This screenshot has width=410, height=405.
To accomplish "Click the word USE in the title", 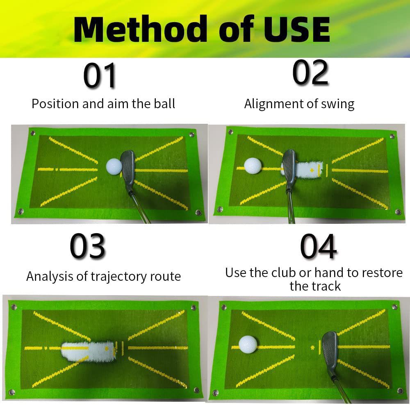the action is pyautogui.click(x=297, y=29).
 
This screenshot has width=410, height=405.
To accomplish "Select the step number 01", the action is pyautogui.click(x=100, y=75).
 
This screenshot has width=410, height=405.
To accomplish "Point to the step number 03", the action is pyautogui.click(x=88, y=246).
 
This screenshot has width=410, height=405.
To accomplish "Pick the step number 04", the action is pyautogui.click(x=318, y=246).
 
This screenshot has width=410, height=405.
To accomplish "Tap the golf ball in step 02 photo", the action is pyautogui.click(x=253, y=166).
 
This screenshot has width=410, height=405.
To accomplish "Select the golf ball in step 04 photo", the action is pyautogui.click(x=248, y=344).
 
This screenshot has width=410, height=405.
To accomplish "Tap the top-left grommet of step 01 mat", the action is pyautogui.click(x=33, y=133).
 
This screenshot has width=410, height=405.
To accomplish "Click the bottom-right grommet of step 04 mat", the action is pyautogui.click(x=400, y=391).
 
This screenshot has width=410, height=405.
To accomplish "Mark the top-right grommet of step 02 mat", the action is pyautogui.click(x=392, y=136).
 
